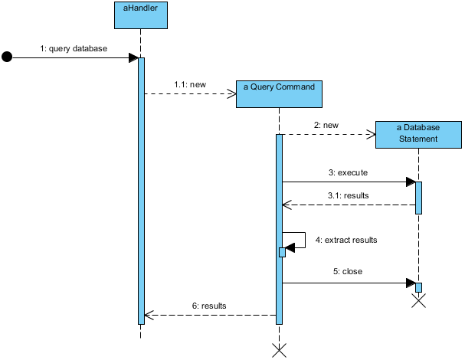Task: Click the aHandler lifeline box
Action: coord(141,15)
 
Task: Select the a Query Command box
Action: coord(279,93)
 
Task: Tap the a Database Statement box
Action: coord(418,133)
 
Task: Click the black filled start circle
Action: coord(8,57)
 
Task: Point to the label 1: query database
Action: coord(74,48)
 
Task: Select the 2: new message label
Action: coord(326,125)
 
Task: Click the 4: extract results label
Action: coord(346,240)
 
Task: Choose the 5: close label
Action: coord(347,271)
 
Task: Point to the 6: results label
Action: coord(208,305)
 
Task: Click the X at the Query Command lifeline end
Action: coord(280,351)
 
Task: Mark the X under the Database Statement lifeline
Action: coord(418,300)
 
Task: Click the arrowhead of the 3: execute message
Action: coord(411,182)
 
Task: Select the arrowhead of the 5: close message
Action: coord(411,283)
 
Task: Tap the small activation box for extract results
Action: coord(282,252)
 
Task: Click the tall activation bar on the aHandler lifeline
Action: coord(141,191)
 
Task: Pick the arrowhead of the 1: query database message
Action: coord(133,57)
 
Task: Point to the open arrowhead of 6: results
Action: coord(149,315)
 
